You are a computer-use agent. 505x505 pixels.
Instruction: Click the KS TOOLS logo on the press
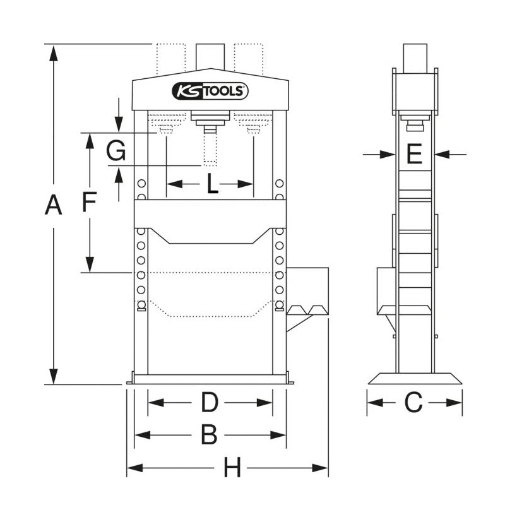(x=210, y=92)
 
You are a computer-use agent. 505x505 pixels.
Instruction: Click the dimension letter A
(x=54, y=206)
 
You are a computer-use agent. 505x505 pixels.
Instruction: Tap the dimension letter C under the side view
(x=413, y=402)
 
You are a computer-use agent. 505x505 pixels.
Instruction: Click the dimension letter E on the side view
(x=413, y=153)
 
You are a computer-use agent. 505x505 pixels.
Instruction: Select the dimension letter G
(x=117, y=151)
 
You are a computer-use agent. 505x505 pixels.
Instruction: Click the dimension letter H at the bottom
(x=232, y=468)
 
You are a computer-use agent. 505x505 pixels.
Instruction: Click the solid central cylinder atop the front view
(x=210, y=56)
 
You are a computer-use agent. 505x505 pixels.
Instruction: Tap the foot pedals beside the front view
(x=307, y=310)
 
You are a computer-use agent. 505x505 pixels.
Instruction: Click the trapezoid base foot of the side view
(x=415, y=378)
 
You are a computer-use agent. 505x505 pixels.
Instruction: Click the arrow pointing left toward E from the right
(x=443, y=153)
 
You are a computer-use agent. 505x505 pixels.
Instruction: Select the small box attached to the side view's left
(x=386, y=290)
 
